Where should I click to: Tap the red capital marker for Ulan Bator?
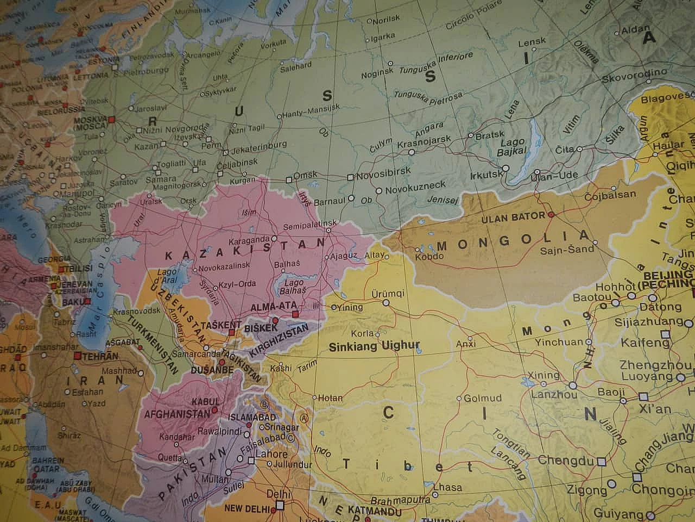(x=552, y=215)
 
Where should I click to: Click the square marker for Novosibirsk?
(x=350, y=177)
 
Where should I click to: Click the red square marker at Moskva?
(x=112, y=119)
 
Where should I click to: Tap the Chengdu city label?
(x=565, y=461)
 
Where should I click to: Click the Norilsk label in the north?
(x=387, y=18)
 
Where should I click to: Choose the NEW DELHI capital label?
(x=247, y=509)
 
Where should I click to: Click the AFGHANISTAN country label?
(x=176, y=414)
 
